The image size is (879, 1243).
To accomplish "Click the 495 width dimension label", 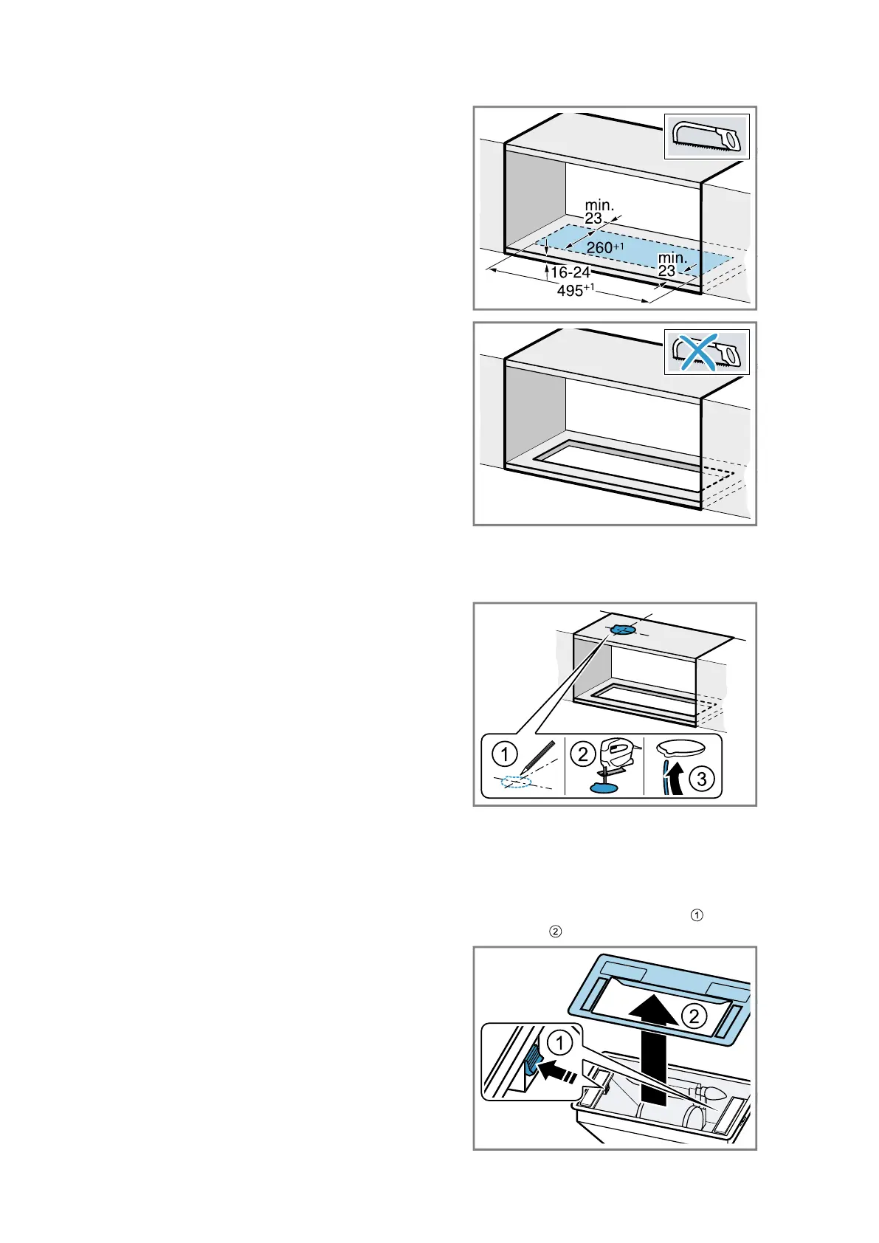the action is pyautogui.click(x=575, y=290).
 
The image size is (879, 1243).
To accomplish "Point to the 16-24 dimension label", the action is pyautogui.click(x=570, y=272).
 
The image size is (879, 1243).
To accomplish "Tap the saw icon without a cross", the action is pyautogui.click(x=706, y=137).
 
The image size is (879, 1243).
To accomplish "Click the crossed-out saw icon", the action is pyautogui.click(x=706, y=352).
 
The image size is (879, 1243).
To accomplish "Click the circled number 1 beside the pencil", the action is pyautogui.click(x=504, y=755).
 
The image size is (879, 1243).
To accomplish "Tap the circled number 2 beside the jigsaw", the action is pyautogui.click(x=582, y=754).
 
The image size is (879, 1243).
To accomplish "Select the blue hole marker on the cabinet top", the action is pyautogui.click(x=622, y=630).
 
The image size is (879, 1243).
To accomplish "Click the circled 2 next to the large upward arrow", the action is pyautogui.click(x=694, y=1016).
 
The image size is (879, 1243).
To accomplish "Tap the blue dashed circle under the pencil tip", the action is pyautogui.click(x=515, y=782).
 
